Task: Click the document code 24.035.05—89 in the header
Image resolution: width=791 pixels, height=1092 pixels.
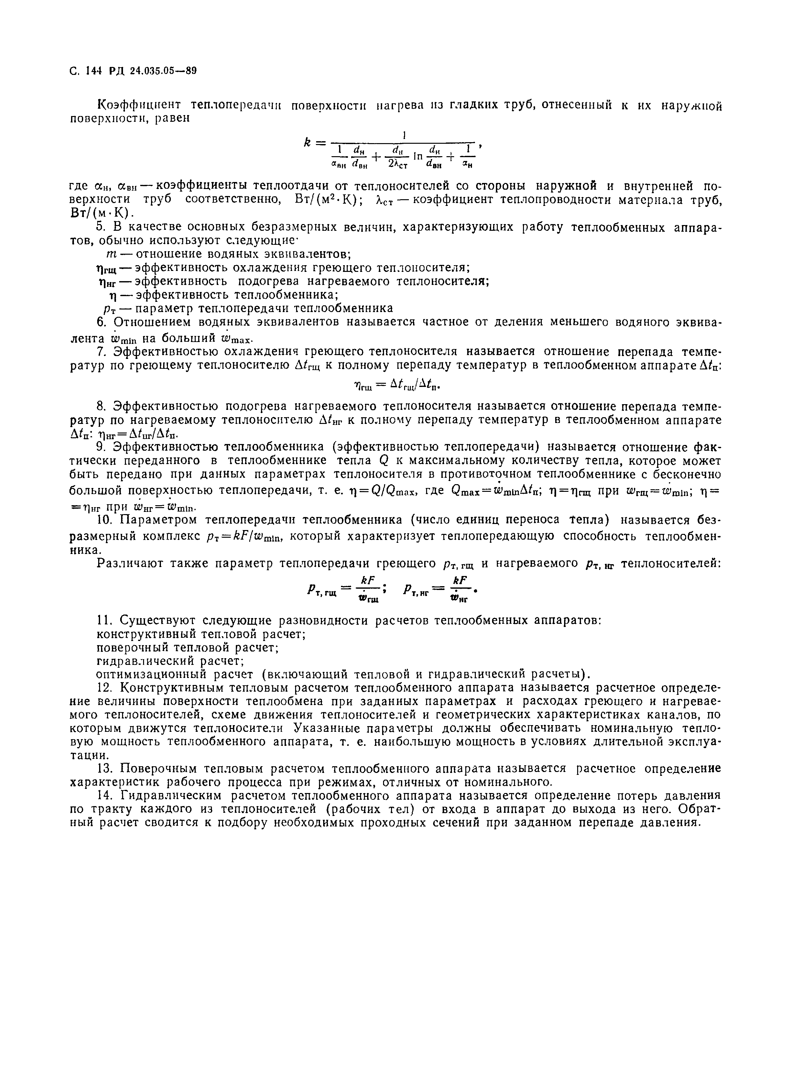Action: (164, 71)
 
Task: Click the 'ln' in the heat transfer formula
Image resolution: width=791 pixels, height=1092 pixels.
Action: (418, 157)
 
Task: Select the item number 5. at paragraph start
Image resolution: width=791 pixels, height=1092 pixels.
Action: (101, 227)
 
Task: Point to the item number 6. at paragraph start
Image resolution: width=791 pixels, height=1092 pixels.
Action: (101, 322)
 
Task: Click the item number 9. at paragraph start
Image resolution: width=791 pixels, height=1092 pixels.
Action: (101, 447)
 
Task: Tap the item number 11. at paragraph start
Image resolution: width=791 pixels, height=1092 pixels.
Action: (104, 620)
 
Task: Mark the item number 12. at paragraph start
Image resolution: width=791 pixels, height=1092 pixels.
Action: (104, 688)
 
